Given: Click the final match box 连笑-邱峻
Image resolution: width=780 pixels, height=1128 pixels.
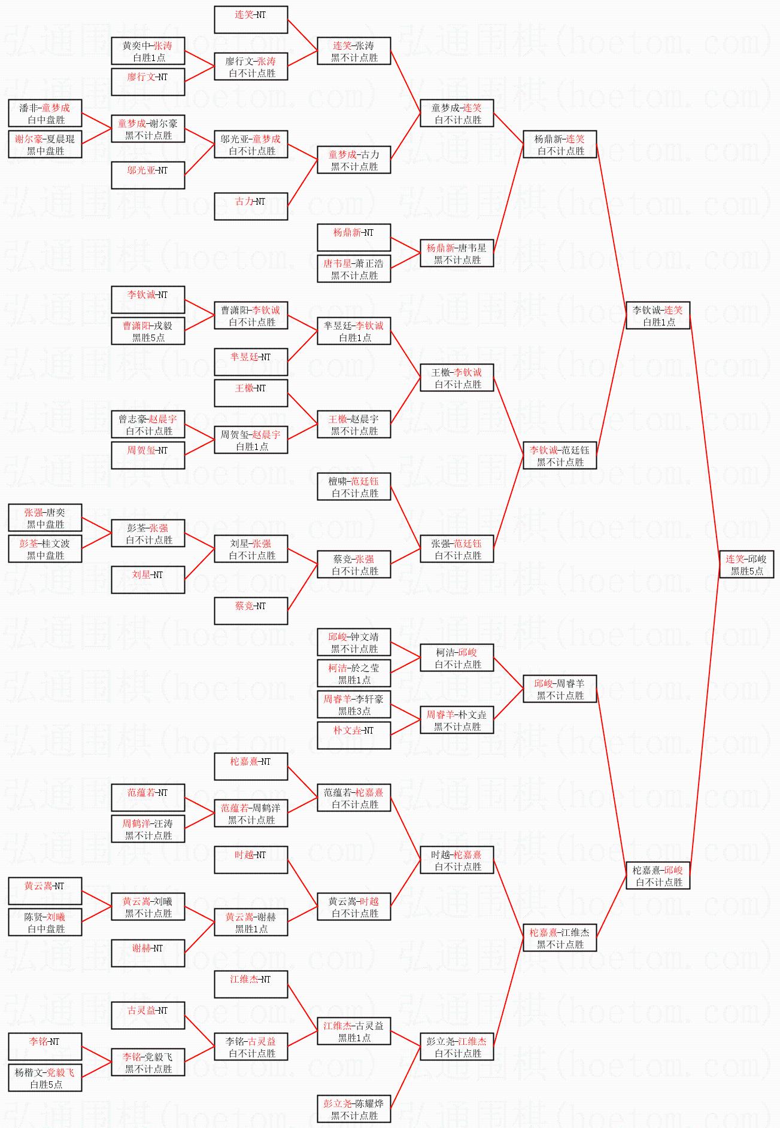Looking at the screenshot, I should pos(746,564).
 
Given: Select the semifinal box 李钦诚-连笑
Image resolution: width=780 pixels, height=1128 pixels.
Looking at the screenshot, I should pos(657,315).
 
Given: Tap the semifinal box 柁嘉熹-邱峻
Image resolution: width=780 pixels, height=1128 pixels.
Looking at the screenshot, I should pos(657,875).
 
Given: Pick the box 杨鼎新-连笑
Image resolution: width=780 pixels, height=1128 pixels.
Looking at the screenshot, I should pos(560,144).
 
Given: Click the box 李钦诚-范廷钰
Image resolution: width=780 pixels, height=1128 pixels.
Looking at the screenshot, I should pos(560,455).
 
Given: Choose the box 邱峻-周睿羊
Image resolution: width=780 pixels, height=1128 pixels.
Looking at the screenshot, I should pos(560,689).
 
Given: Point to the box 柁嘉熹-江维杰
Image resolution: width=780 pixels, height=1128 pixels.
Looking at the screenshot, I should pos(560,938).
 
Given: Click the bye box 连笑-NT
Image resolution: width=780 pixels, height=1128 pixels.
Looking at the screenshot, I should pos(251,20).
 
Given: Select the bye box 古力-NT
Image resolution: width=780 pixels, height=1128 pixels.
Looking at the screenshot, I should pos(251,206).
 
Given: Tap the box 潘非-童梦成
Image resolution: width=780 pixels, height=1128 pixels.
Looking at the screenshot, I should pos(45,113).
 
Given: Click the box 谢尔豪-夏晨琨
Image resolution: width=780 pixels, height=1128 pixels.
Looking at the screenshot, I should pos(45,144).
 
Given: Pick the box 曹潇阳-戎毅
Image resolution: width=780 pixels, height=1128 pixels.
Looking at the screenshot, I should pos(148,331).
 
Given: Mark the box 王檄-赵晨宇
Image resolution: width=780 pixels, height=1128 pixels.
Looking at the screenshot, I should pos(354,424).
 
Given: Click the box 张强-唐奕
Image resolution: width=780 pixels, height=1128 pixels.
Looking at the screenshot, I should pos(45,518).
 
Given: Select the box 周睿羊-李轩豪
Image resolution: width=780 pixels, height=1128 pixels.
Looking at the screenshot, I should pos(354,704).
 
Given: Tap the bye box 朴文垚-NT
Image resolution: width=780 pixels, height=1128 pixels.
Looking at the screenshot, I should pos(354,735).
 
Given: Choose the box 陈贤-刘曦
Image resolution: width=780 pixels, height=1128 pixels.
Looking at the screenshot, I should pos(45,922).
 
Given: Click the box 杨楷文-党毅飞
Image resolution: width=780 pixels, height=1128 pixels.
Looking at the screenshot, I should pos(45,1078).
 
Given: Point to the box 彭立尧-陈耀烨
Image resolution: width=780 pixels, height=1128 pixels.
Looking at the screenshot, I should pos(354,1109).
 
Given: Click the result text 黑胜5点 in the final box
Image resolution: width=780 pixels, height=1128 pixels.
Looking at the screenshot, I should pos(746,571).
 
